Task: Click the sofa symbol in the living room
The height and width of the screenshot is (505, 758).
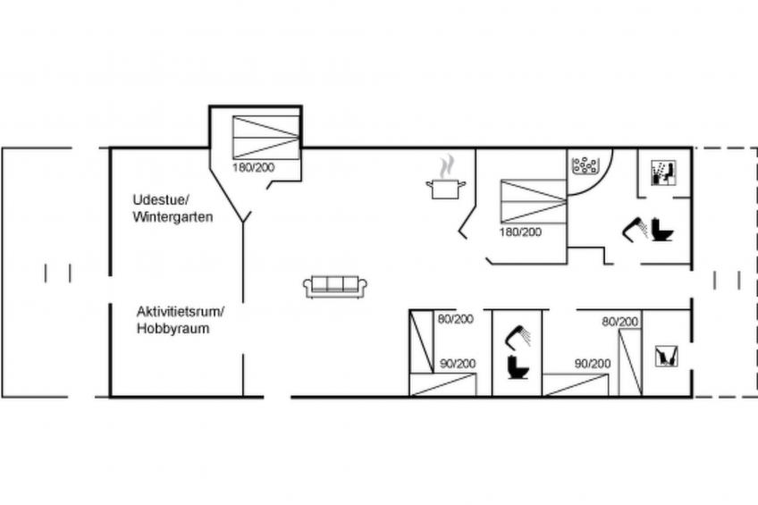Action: coord(335,286)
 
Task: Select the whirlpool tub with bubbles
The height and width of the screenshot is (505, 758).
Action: coord(585,165)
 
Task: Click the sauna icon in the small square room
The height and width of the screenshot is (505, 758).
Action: coord(662,172)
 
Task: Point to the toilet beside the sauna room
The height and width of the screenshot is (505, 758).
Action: coord(662,231)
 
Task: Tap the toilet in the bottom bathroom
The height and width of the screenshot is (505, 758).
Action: coord(516,366)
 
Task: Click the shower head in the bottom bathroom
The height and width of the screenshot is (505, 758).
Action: coord(518,336)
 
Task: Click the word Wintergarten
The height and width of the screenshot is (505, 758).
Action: coord(173,216)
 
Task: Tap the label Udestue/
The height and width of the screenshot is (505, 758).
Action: coord(161,198)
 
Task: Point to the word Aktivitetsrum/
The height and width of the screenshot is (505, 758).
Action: coord(181,311)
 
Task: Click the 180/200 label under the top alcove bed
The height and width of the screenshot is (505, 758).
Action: coord(255,167)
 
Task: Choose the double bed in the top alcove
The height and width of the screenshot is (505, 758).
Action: coord(265,137)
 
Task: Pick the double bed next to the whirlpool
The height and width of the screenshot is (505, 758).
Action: coord(534,201)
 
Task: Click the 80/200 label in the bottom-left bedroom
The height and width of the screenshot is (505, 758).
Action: coord(456,318)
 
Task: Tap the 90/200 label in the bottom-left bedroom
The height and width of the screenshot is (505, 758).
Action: coord(456,363)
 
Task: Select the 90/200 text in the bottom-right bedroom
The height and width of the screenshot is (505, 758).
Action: coord(592,363)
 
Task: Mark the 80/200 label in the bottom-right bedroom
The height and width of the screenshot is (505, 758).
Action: coord(619,321)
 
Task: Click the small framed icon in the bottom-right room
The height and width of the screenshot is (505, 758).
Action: coord(666,356)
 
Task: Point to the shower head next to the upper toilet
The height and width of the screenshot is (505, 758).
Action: coord(636,228)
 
